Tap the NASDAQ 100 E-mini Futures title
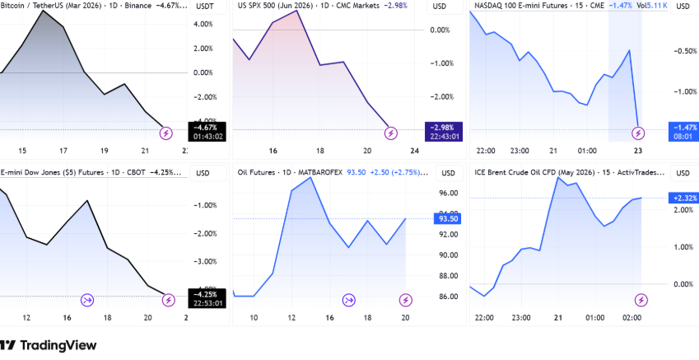point(535,7)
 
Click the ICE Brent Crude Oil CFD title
point(535,172)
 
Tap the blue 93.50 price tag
point(449,218)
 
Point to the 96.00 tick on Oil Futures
point(449,193)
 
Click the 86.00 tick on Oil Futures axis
point(449,297)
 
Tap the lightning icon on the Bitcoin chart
point(165,132)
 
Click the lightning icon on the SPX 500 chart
point(391,132)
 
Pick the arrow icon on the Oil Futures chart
point(349,299)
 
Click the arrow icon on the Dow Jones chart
point(88,299)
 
